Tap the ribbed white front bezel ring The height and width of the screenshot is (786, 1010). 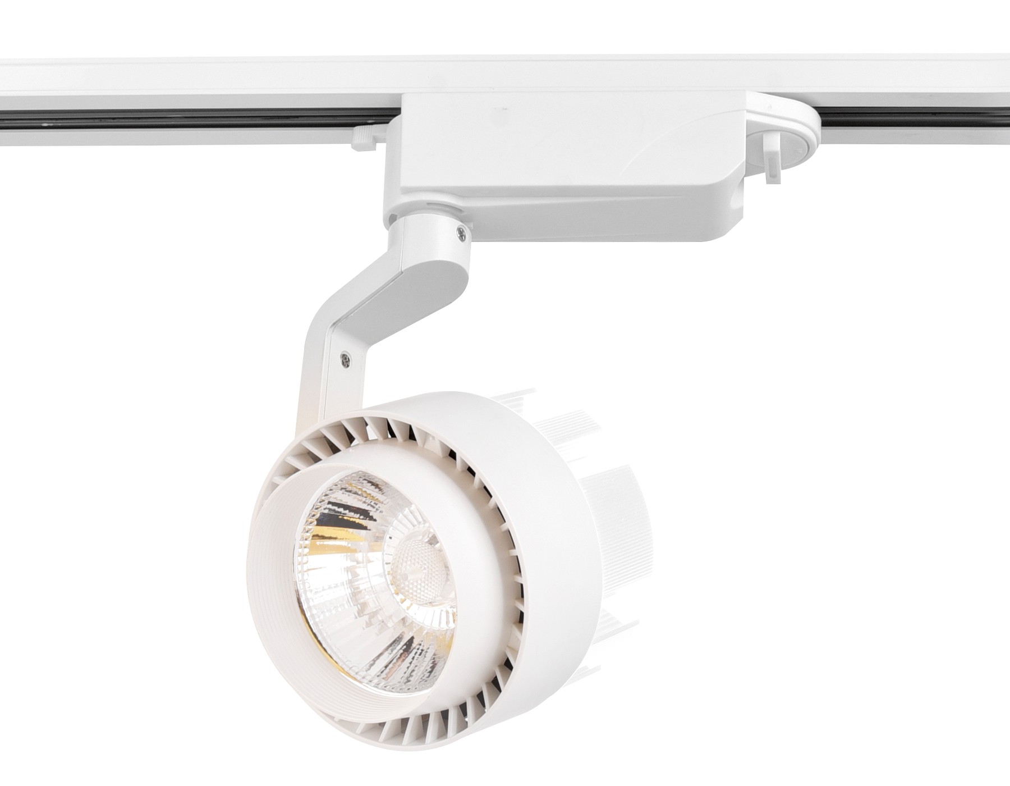click(x=269, y=561)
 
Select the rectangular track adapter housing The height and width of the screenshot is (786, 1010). click(x=561, y=168)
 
